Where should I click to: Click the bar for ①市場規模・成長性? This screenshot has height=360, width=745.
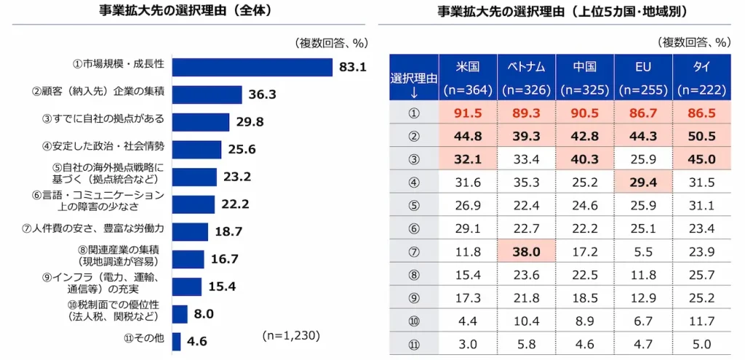pyautogui.click(x=252, y=67)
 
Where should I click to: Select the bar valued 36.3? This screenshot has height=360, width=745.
pyautogui.click(x=207, y=95)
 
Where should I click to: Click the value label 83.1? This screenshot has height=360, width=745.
pyautogui.click(x=352, y=68)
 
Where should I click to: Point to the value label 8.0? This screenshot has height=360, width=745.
pyautogui.click(x=204, y=314)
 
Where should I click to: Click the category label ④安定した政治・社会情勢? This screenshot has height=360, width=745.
pyautogui.click(x=119, y=146)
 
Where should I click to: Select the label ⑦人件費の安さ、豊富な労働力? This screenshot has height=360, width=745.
pyautogui.click(x=93, y=229)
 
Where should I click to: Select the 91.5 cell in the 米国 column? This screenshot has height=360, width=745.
pyautogui.click(x=468, y=113)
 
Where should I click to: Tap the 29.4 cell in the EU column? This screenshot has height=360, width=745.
pyautogui.click(x=643, y=182)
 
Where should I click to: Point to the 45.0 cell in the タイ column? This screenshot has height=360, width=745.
pyautogui.click(x=701, y=159)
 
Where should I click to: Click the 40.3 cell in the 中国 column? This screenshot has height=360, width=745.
pyautogui.click(x=584, y=159)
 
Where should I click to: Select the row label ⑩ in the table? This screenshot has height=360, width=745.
pyautogui.click(x=414, y=320)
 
